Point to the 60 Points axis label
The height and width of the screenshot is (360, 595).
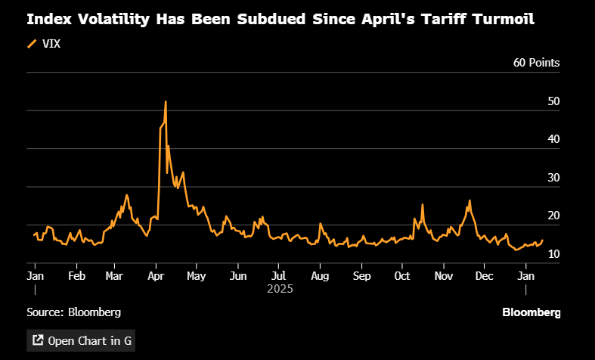click(x=537, y=62)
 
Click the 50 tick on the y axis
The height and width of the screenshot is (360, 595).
click(x=553, y=101)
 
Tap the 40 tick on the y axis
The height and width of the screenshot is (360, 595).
click(x=553, y=139)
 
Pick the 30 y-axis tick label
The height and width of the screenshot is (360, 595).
click(x=553, y=178)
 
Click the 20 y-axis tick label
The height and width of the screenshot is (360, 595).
click(x=553, y=216)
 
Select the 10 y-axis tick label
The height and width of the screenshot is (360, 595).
click(x=553, y=254)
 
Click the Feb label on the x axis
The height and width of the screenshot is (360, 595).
click(x=76, y=275)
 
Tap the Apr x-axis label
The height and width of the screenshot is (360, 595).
click(x=156, y=275)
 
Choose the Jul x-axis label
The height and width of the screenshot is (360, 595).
click(x=278, y=275)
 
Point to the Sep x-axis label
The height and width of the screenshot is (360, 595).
click(x=361, y=275)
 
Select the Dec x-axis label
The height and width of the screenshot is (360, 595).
click(x=485, y=275)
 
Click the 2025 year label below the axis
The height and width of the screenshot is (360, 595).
click(x=279, y=289)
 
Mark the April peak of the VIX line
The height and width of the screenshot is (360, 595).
click(x=165, y=101)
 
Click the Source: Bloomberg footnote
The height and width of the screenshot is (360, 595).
click(x=74, y=312)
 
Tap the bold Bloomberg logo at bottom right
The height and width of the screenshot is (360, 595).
click(x=531, y=312)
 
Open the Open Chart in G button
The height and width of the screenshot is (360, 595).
click(x=81, y=340)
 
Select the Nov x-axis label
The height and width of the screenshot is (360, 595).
click(x=443, y=275)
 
